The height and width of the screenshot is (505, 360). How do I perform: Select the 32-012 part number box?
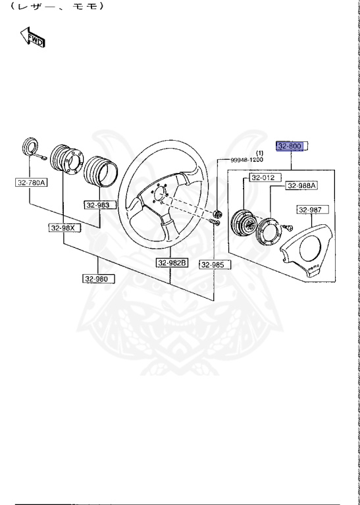pos(263,177)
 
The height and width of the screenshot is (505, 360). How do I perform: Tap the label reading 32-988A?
pos(301,186)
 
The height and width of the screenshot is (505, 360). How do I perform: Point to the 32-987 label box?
pos(310,210)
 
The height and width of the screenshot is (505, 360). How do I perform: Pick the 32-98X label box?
pos(63,228)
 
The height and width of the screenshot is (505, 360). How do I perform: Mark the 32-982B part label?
pos(172,263)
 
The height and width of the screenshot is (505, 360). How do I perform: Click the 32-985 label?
pos(213,264)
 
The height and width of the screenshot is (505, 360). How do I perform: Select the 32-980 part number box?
pos(98,279)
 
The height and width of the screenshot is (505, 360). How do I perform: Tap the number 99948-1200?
pos(246,160)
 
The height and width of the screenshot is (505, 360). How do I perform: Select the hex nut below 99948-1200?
pos(217,213)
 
